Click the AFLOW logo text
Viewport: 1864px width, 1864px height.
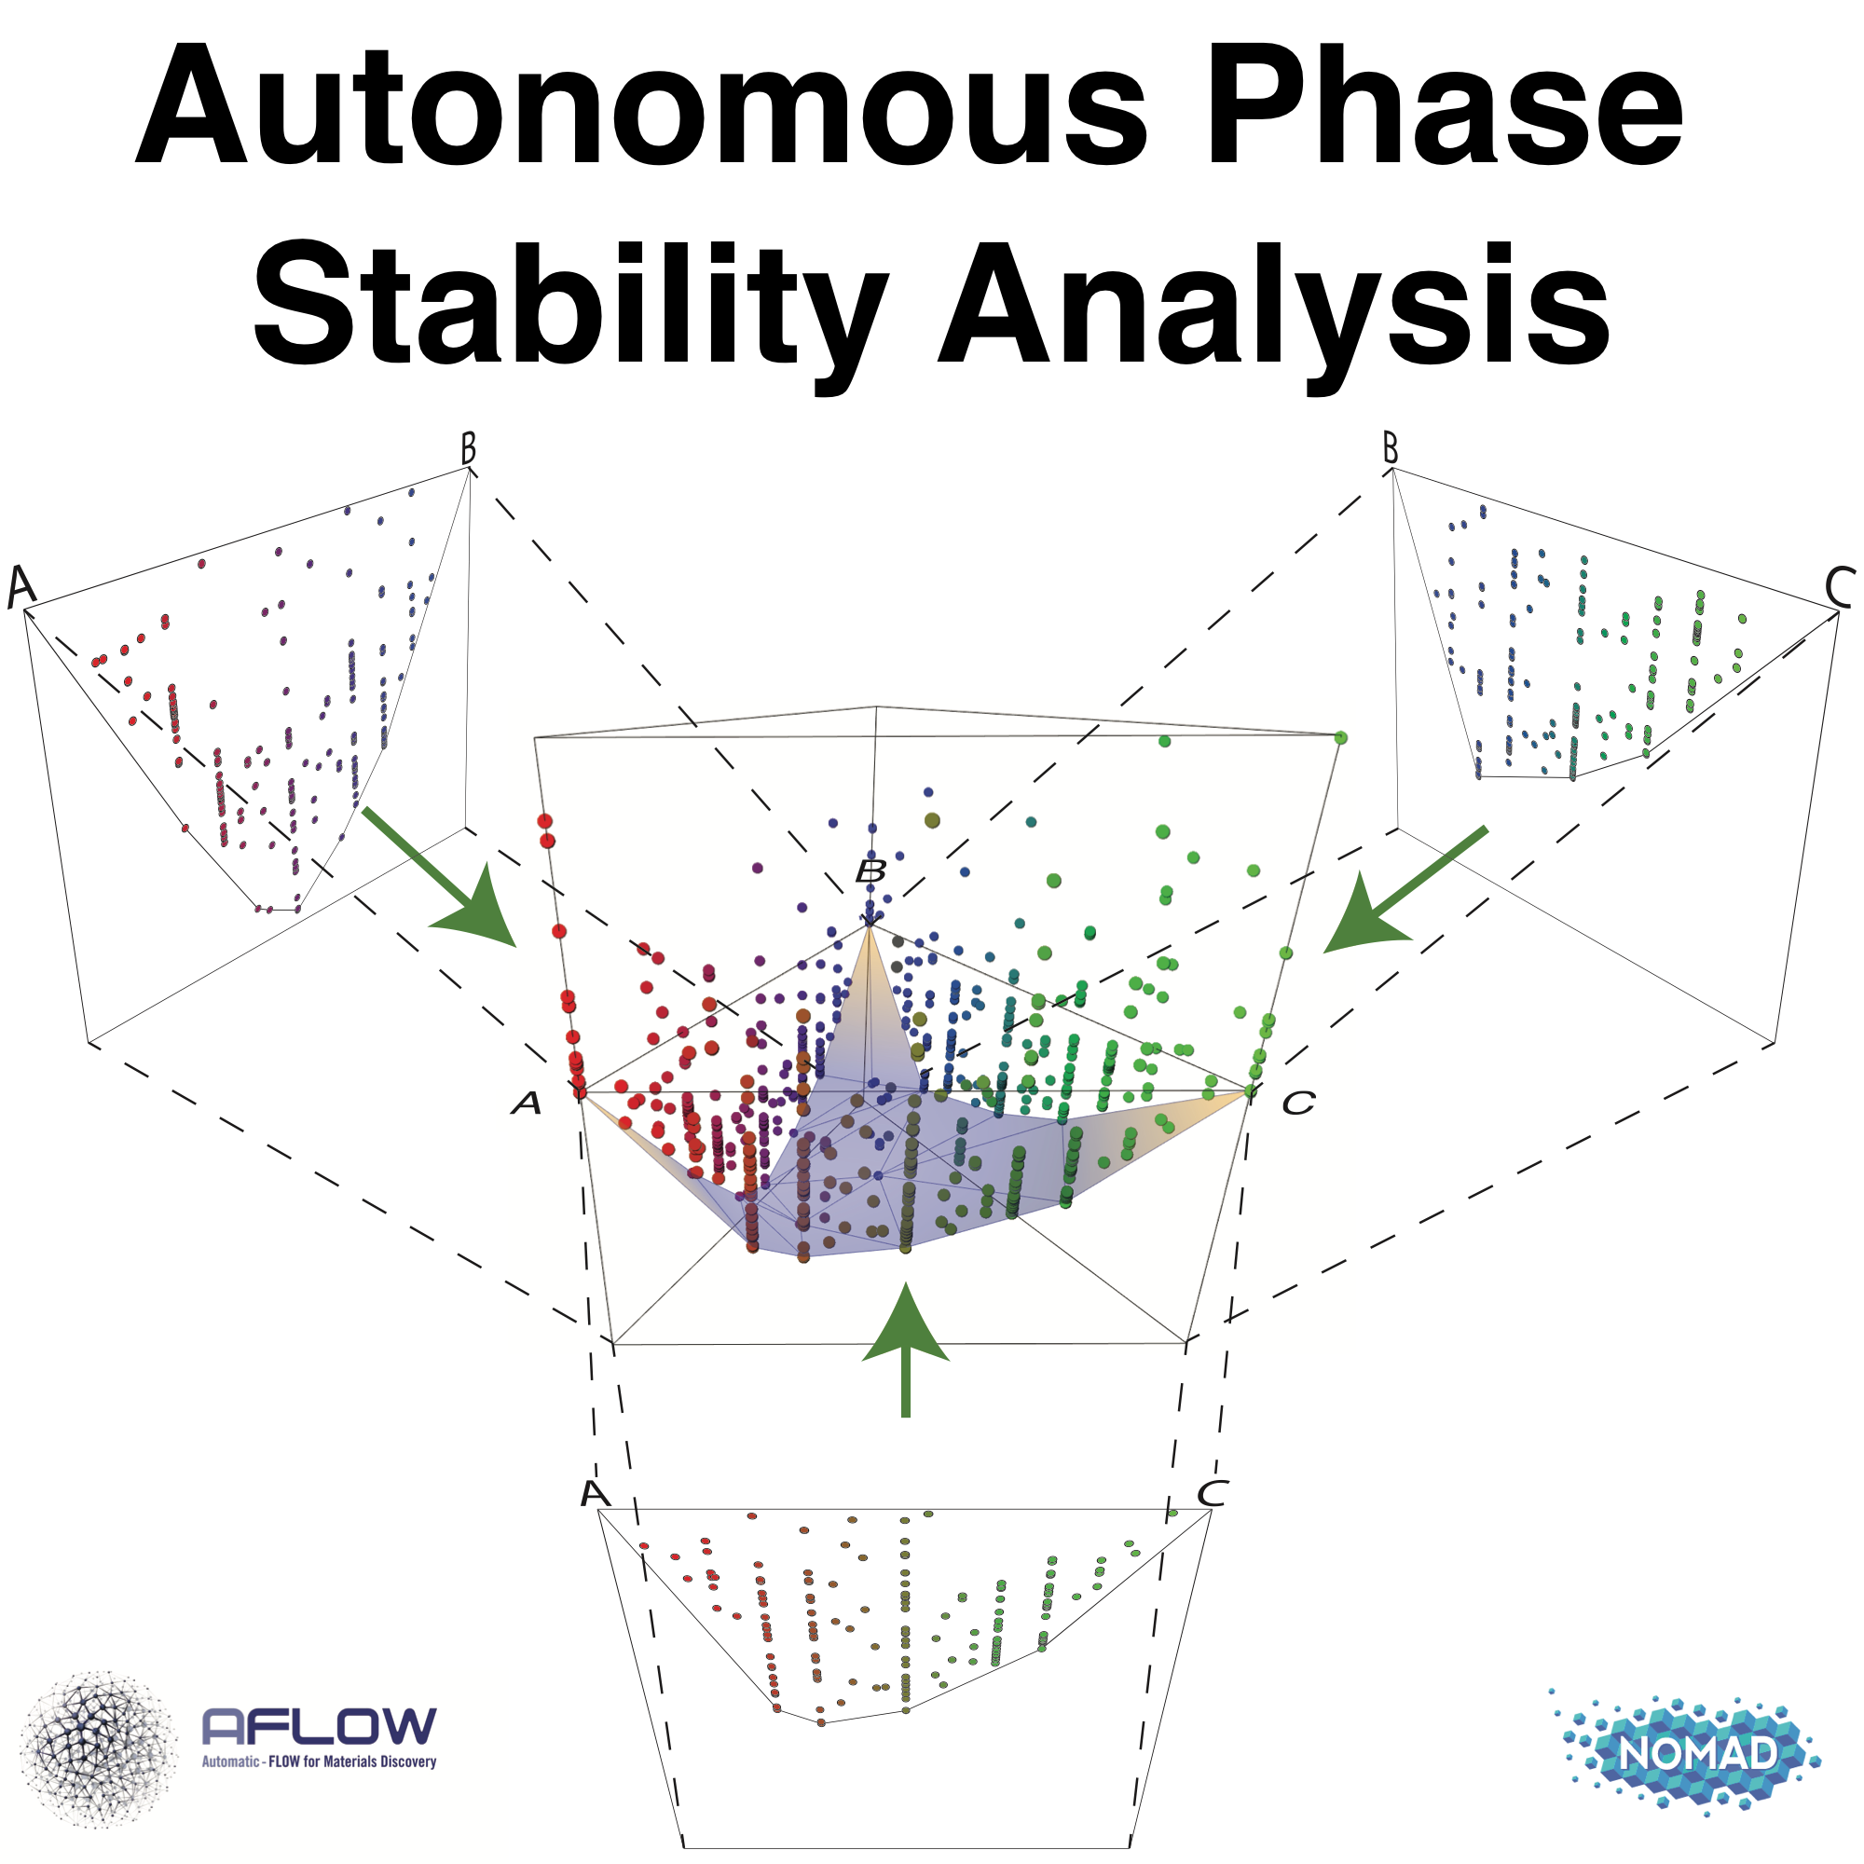point(320,1725)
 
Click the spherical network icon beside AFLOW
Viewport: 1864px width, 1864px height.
point(99,1749)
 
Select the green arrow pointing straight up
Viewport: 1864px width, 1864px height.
point(905,1350)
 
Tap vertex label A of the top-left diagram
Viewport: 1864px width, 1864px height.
point(21,586)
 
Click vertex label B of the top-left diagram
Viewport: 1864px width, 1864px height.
point(468,448)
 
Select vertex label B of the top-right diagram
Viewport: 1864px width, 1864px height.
point(1391,447)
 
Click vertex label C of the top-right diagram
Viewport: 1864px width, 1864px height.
point(1840,586)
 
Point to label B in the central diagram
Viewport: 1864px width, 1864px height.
point(871,872)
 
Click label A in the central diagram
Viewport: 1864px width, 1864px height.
point(527,1103)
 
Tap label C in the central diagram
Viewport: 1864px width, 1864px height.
point(1298,1103)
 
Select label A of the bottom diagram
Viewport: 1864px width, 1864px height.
point(596,1493)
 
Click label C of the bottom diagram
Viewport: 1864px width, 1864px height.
point(1213,1493)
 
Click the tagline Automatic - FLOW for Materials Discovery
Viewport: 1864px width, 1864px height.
point(320,1761)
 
